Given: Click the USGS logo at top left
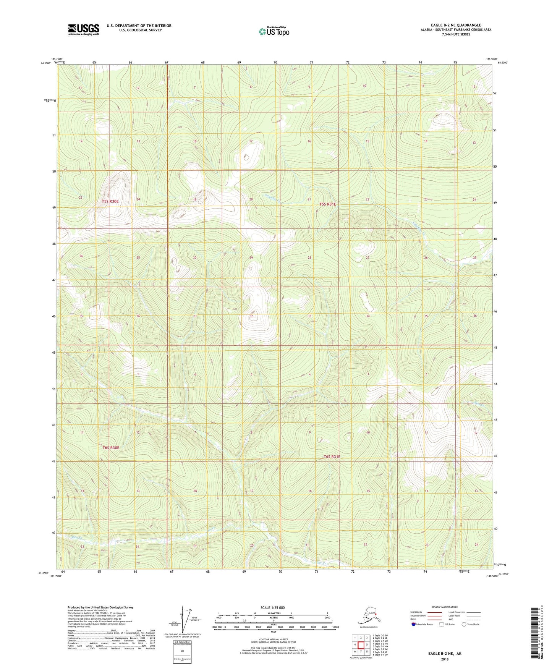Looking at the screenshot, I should [x=83, y=29].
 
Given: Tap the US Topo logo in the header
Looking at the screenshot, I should [x=274, y=31].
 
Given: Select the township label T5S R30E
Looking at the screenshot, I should [x=110, y=201].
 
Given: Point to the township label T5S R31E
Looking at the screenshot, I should [x=328, y=204].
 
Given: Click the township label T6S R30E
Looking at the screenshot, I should [x=111, y=447].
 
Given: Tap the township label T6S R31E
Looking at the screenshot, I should [x=332, y=457].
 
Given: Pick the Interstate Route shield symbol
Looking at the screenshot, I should [x=414, y=624].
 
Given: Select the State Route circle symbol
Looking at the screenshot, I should [x=464, y=624].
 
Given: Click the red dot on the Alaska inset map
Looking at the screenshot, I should [x=376, y=615].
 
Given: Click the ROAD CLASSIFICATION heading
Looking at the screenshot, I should [x=445, y=607].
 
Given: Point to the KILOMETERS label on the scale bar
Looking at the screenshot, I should [x=273, y=613].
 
